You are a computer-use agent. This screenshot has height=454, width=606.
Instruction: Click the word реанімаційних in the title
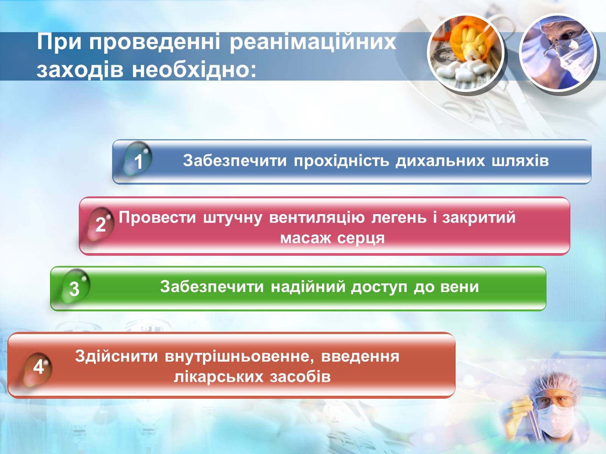pyautogui.click(x=313, y=42)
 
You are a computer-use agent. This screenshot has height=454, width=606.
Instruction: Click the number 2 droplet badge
pyautogui.click(x=100, y=224)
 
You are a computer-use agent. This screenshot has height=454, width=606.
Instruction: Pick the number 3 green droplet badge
pyautogui.click(x=75, y=287)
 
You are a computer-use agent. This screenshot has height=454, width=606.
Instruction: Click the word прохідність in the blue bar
pyautogui.click(x=342, y=161)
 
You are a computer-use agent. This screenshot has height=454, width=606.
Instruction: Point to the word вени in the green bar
pyautogui.click(x=459, y=287)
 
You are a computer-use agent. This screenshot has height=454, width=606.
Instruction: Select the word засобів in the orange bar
pyautogui.click(x=300, y=377)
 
